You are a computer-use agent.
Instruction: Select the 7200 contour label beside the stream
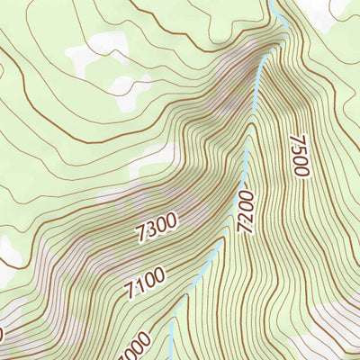(247, 211)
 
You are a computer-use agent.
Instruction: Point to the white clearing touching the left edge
(7, 252)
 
